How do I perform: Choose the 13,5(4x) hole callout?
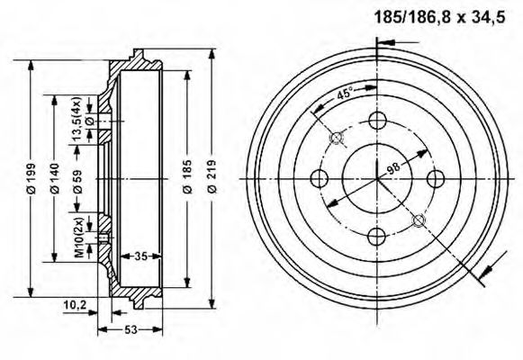(78, 117)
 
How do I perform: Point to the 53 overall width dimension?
(131, 329)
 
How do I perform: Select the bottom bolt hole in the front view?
(376, 236)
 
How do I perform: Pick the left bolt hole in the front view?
(318, 177)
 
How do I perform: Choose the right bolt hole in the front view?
(436, 177)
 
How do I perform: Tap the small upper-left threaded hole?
(337, 138)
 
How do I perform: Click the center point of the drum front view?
(376, 177)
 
